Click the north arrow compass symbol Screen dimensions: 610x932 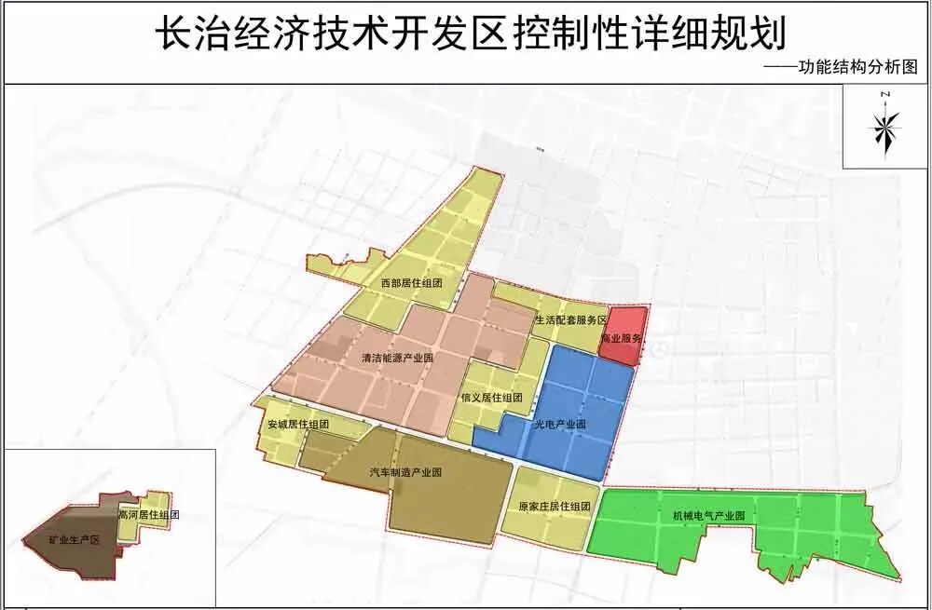click(886, 128)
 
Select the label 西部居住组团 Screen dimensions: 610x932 click(410, 282)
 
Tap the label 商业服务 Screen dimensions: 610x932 click(622, 340)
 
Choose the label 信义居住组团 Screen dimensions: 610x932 click(492, 398)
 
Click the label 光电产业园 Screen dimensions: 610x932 click(559, 425)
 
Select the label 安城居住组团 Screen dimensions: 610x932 click(298, 425)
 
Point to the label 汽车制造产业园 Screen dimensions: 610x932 click(405, 472)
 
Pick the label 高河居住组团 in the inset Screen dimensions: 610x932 click(148, 514)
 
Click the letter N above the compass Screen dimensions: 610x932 click(886, 94)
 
